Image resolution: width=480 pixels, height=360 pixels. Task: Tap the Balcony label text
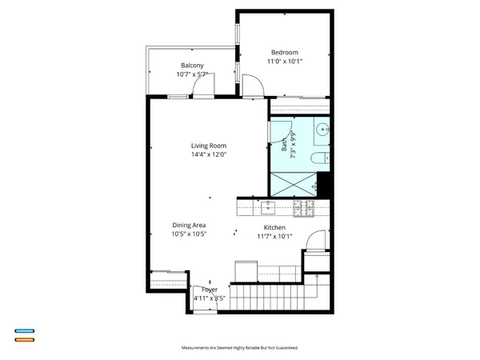pyautogui.click(x=191, y=65)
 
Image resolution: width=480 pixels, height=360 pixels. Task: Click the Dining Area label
pyautogui.click(x=189, y=226)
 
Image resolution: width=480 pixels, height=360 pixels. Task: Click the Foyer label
pyautogui.click(x=209, y=290)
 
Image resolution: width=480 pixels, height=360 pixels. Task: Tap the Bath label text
pyautogui.click(x=284, y=146)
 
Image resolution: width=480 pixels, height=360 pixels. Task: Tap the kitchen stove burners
pyautogui.click(x=303, y=208)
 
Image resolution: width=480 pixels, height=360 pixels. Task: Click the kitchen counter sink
pyautogui.click(x=268, y=208)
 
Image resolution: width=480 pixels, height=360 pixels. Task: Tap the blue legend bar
pyautogui.click(x=24, y=330)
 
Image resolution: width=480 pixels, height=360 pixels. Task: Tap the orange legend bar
pyautogui.click(x=24, y=340)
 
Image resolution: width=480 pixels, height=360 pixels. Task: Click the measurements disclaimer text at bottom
pyautogui.click(x=240, y=348)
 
